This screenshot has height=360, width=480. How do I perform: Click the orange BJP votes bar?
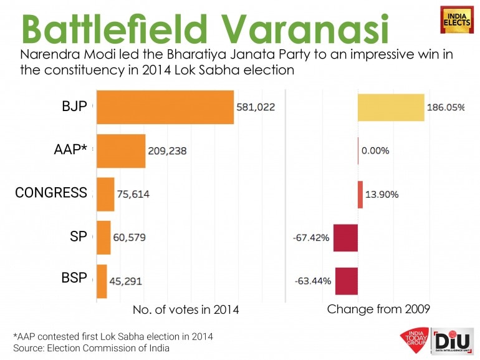(x=165, y=107)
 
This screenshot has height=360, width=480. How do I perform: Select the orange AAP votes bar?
(x=120, y=150)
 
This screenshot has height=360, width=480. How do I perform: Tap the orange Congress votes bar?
(x=105, y=194)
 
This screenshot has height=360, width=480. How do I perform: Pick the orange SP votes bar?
(x=103, y=238)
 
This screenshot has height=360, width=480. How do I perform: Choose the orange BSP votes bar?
(x=101, y=281)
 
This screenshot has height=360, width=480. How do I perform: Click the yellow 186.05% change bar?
(x=391, y=107)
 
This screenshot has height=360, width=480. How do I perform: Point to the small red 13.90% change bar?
(x=360, y=194)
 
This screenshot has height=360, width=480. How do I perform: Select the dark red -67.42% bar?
(x=345, y=238)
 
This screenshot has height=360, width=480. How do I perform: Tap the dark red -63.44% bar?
(x=347, y=281)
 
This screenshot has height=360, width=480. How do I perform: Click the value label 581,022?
(x=256, y=107)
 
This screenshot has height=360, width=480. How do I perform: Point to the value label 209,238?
(x=167, y=150)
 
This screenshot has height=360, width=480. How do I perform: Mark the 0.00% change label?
(x=375, y=150)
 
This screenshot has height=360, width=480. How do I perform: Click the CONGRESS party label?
(x=51, y=193)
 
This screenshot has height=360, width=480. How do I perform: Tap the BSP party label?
(x=75, y=278)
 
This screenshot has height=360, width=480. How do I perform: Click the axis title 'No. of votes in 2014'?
(x=186, y=309)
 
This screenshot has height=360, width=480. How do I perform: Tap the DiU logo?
(x=449, y=341)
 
